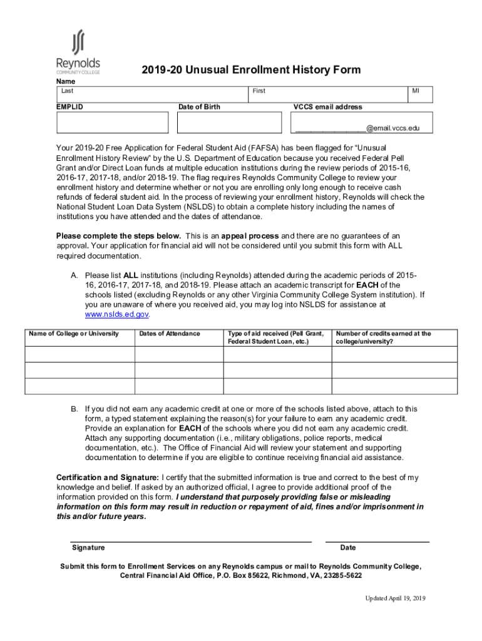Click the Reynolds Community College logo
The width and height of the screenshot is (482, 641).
click(x=78, y=53)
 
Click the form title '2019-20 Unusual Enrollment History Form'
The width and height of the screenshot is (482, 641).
click(x=251, y=69)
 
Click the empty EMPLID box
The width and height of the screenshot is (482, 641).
click(x=112, y=123)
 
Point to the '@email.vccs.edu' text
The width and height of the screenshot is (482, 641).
click(x=392, y=128)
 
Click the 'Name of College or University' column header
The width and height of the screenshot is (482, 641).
click(x=74, y=334)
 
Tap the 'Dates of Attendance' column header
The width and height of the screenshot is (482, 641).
click(x=170, y=334)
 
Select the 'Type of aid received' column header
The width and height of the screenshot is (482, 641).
click(x=276, y=337)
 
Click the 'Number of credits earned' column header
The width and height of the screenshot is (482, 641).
click(x=383, y=337)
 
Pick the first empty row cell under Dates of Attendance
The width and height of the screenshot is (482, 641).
click(x=178, y=354)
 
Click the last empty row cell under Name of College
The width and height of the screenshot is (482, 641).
click(x=79, y=386)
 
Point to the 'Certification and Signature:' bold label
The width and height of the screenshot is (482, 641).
click(x=108, y=478)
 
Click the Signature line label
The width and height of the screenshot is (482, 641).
click(x=88, y=548)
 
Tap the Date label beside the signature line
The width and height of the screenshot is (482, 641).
click(x=348, y=548)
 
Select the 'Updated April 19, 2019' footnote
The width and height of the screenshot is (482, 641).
click(x=395, y=599)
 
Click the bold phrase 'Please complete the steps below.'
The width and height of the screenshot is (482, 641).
click(x=119, y=236)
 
